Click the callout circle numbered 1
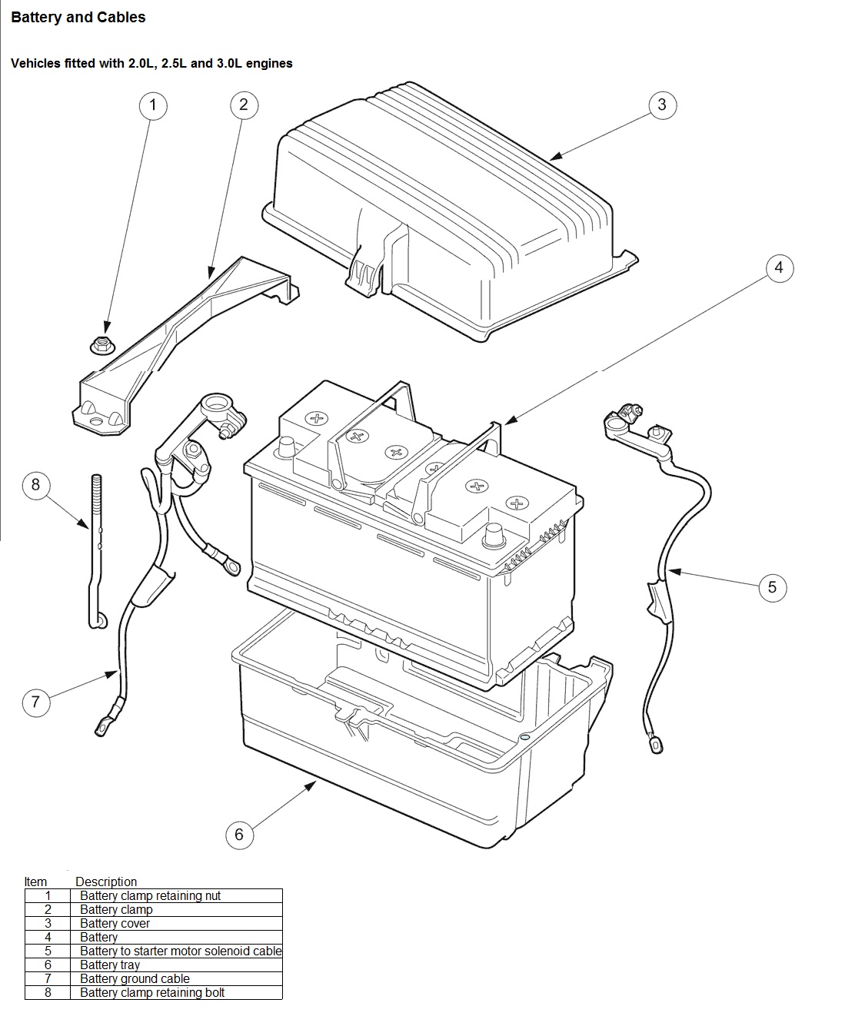[153, 105]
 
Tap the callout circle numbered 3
[662, 105]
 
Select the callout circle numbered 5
[772, 587]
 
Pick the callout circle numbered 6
[239, 835]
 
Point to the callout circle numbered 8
[36, 486]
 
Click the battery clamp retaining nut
[103, 345]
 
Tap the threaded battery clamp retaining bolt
[97, 551]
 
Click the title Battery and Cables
[78, 17]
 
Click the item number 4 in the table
[48, 938]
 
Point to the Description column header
[106, 882]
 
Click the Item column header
[35, 882]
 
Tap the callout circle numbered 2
[244, 105]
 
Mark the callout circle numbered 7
[36, 702]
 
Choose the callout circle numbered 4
[780, 267]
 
